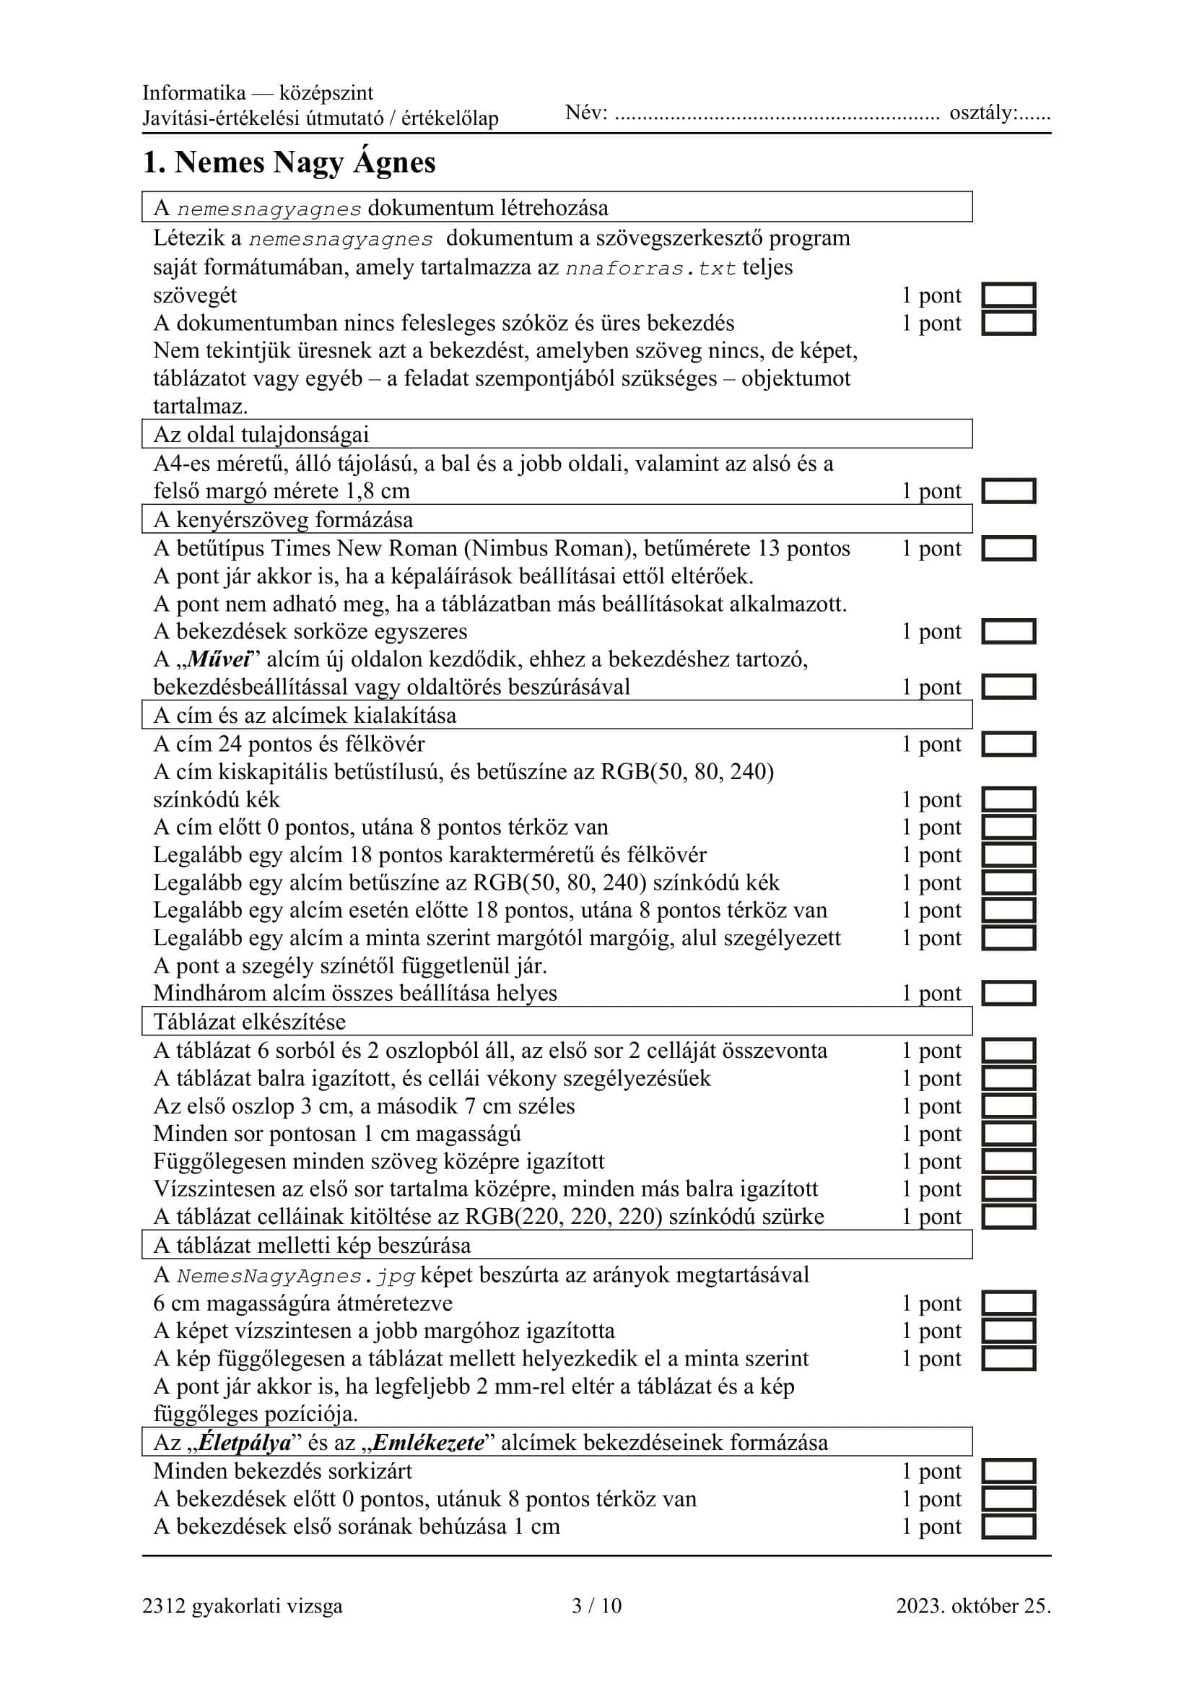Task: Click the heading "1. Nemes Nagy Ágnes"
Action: click(x=289, y=162)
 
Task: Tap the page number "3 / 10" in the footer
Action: click(x=596, y=1605)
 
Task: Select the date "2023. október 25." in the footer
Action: click(x=972, y=1605)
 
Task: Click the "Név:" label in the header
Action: click(x=586, y=113)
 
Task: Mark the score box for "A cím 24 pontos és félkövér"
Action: click(x=1008, y=744)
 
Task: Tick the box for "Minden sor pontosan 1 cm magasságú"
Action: click(x=1008, y=1134)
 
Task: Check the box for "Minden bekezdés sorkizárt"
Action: click(x=1008, y=1470)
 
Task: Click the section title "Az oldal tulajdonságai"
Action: click(x=261, y=434)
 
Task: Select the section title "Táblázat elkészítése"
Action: click(x=249, y=1021)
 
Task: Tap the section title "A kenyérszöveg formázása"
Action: click(x=283, y=519)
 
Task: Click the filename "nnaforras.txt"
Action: click(x=650, y=268)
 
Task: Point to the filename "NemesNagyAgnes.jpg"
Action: click(x=296, y=1275)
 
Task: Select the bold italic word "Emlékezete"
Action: click(x=429, y=1442)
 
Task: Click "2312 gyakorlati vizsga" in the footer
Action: click(x=243, y=1605)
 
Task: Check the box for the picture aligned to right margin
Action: click(x=1008, y=1331)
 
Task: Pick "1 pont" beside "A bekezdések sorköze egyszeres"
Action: click(x=931, y=631)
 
